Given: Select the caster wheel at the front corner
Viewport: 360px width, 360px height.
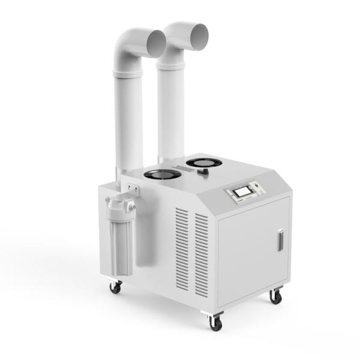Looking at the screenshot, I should pos(214,322).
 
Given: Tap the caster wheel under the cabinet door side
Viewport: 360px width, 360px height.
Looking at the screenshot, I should pos(276,296).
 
